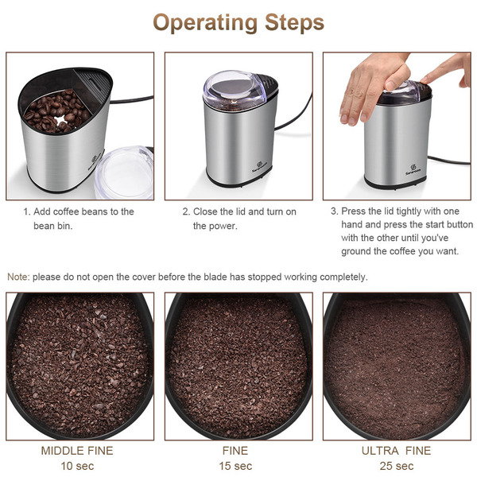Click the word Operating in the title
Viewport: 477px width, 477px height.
point(205,23)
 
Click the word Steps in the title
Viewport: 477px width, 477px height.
point(294,22)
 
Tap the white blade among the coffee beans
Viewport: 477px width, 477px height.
point(61,120)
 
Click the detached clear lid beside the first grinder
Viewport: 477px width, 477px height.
point(124,173)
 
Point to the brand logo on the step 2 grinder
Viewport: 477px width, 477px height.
point(260,167)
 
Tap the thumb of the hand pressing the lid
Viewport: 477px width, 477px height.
point(397,78)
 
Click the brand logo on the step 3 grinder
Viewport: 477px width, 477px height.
point(413,170)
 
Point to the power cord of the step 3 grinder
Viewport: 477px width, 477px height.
point(449,161)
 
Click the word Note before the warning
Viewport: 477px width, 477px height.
point(17,277)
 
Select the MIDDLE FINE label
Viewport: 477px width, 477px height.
point(77,451)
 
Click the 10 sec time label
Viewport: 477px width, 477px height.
point(77,466)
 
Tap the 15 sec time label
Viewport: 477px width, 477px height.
point(235,466)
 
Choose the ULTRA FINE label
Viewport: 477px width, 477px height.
point(397,451)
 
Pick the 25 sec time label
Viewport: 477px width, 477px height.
point(397,466)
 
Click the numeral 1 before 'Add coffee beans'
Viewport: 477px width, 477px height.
point(25,211)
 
